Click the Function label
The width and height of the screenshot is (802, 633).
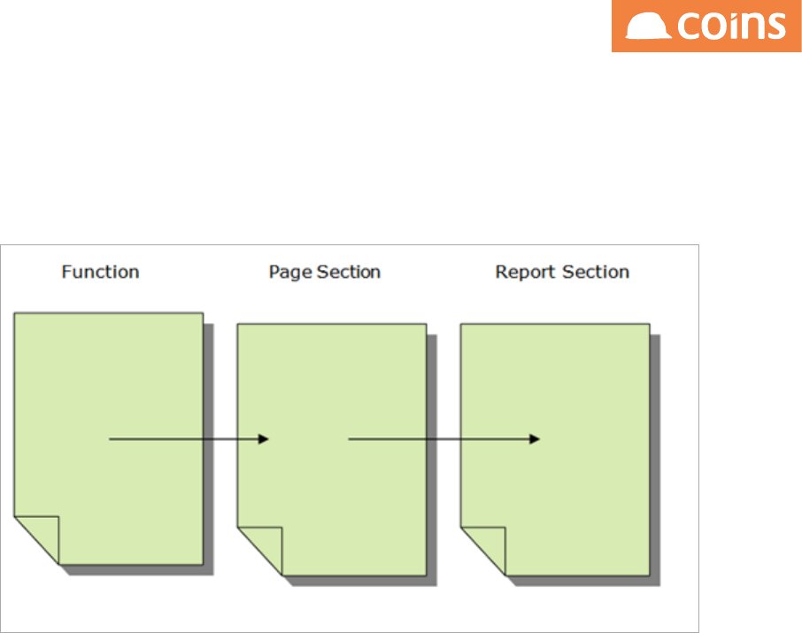pos(100,272)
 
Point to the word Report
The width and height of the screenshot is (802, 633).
pos(521,272)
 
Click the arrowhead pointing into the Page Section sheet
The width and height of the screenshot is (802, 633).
pos(263,438)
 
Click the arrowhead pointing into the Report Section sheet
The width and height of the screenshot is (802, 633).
pos(535,438)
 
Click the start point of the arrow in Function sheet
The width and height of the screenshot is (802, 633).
pos(110,438)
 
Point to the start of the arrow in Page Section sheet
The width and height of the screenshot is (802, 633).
pos(350,438)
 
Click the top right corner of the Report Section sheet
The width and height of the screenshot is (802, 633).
pos(650,325)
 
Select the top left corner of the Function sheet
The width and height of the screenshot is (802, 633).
pos(15,313)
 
